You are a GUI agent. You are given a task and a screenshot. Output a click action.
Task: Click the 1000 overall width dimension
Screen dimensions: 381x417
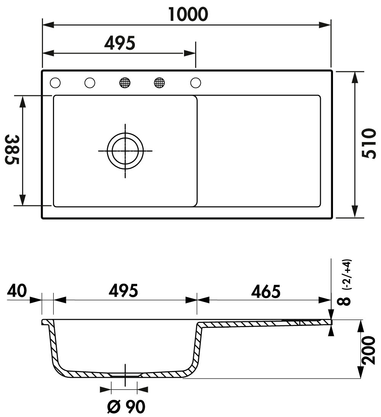click(188, 14)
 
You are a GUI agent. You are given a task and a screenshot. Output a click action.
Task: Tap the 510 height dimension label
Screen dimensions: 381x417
click(370, 143)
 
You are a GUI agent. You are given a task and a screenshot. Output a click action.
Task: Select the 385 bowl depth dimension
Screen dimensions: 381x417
click(12, 149)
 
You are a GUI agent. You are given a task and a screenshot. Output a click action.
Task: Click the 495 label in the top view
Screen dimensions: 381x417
click(120, 43)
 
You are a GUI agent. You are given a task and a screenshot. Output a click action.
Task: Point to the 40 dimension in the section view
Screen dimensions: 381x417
click(17, 291)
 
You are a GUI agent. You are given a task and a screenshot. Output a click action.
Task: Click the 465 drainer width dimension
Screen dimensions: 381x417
click(266, 291)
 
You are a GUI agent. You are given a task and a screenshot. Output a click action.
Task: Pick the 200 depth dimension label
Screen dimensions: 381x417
click(369, 350)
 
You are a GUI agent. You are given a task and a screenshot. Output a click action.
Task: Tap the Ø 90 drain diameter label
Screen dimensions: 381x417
click(126, 406)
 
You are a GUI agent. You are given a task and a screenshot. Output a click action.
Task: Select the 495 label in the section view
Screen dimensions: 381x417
click(123, 291)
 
